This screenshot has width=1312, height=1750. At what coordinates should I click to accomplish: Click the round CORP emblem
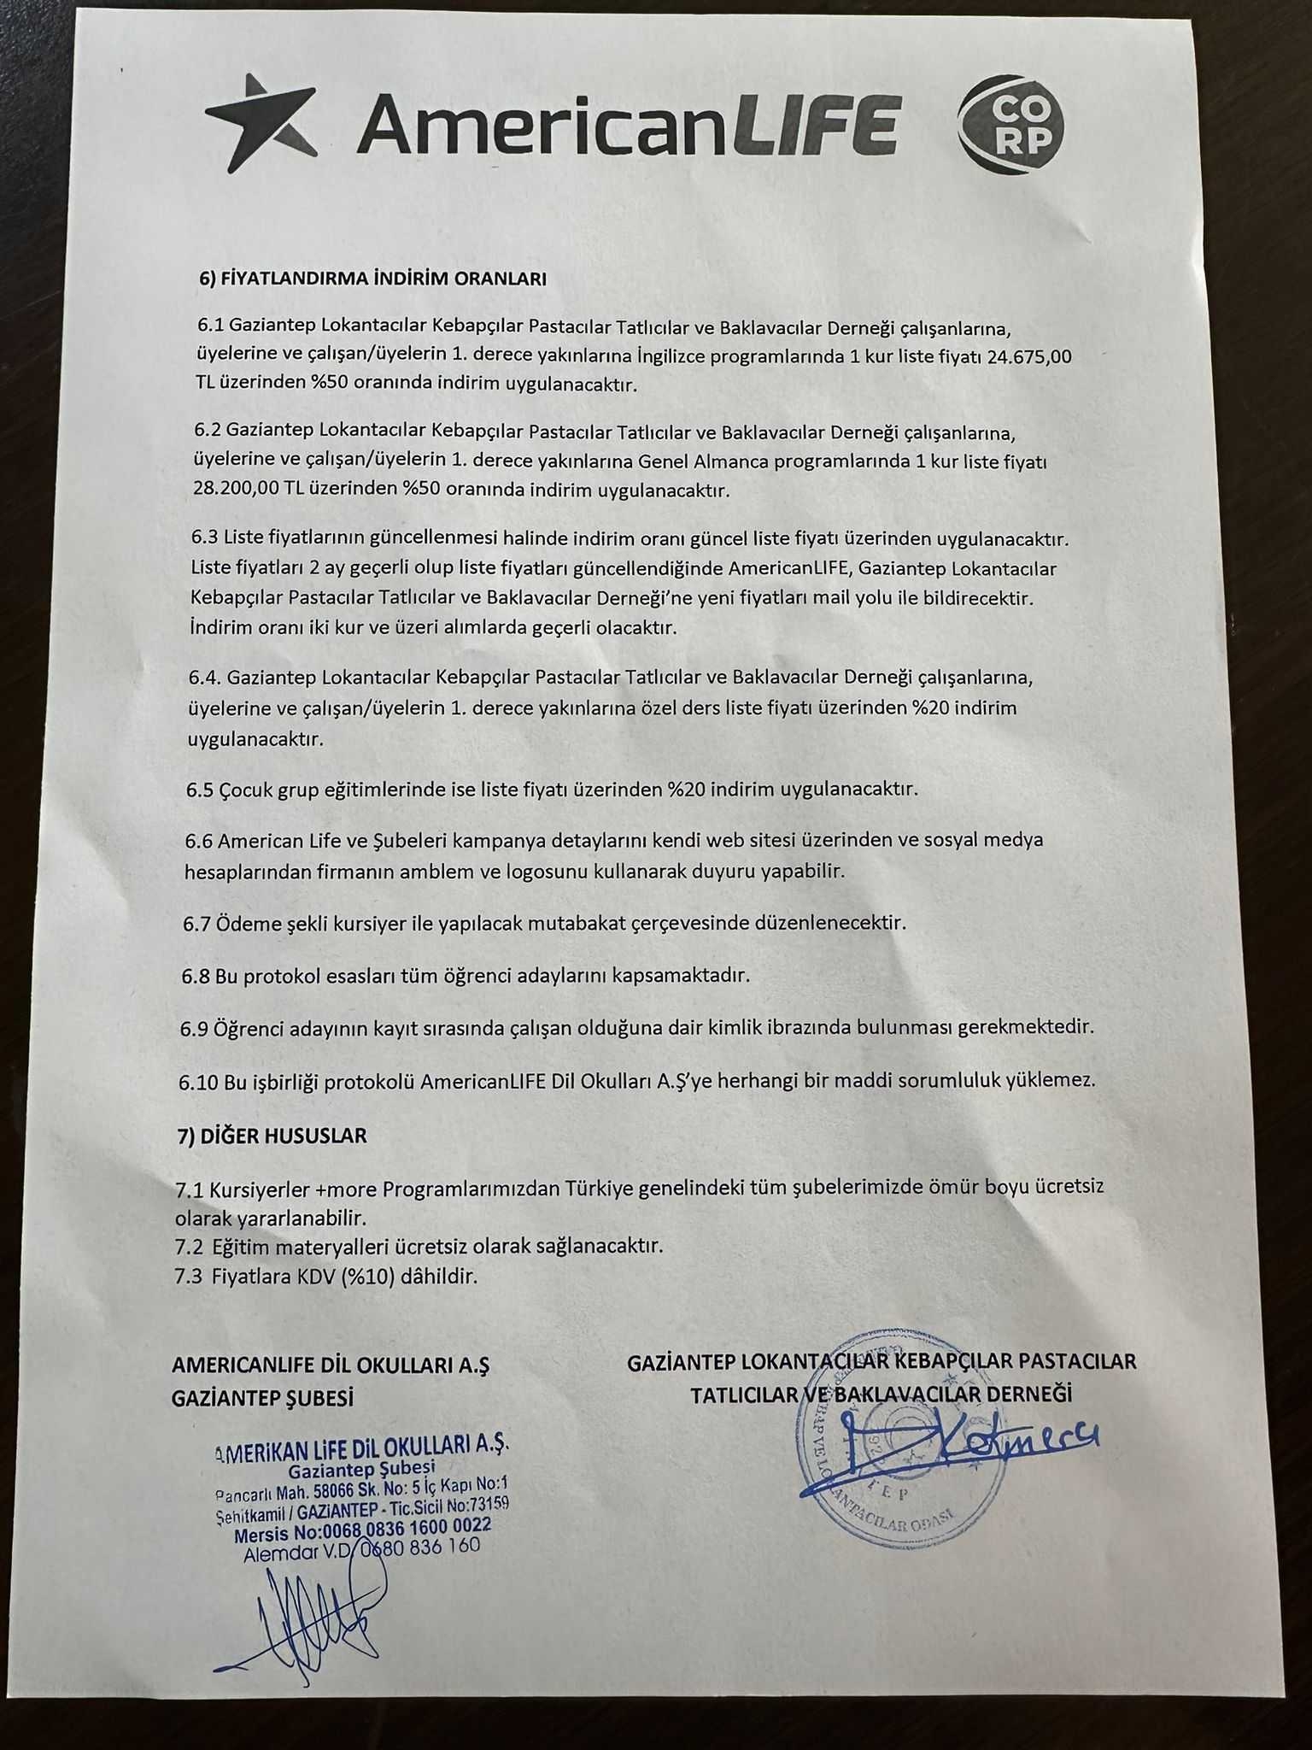point(1011,124)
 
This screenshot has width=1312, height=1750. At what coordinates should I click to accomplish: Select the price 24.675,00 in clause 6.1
point(1028,355)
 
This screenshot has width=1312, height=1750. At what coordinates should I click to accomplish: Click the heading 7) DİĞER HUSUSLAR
point(272,1136)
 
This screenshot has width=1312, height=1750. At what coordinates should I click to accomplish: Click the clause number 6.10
point(198,1081)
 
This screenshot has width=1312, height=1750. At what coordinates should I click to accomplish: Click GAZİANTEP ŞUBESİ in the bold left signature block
point(262,1399)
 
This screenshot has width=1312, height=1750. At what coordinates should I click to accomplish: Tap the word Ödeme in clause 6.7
point(243,924)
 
